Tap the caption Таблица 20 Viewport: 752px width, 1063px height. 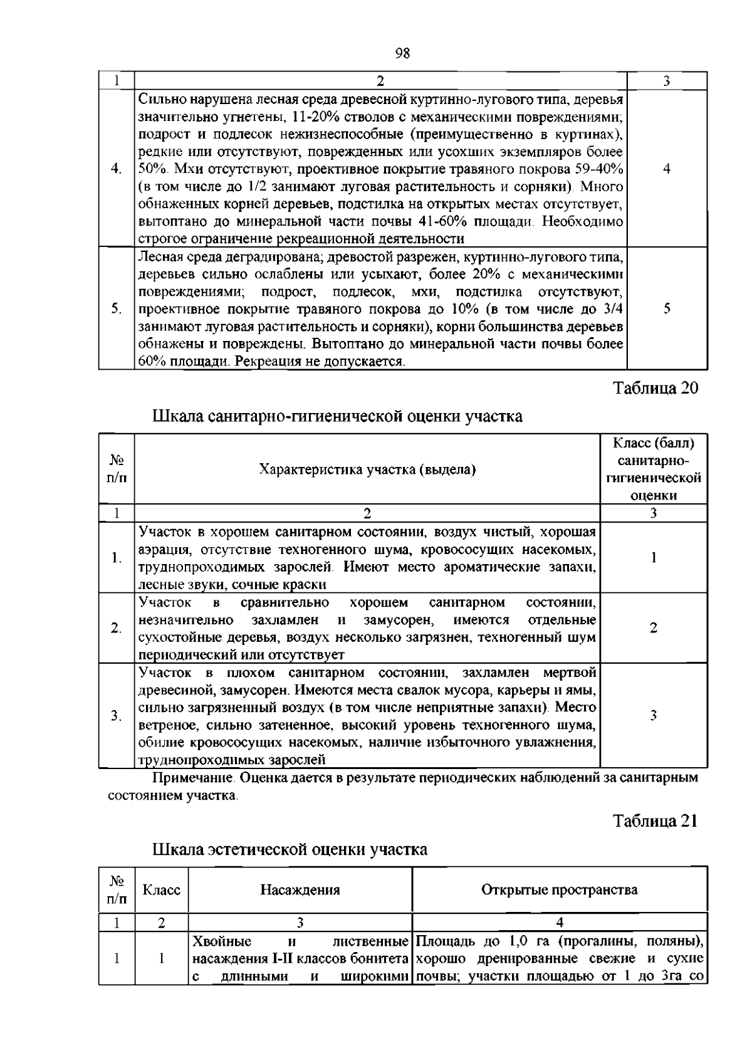pyautogui.click(x=655, y=388)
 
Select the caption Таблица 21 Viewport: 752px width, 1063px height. pyautogui.click(x=655, y=820)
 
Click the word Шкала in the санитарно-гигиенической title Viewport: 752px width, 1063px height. pyautogui.click(x=177, y=416)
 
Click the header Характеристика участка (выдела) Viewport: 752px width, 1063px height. pyautogui.click(x=367, y=469)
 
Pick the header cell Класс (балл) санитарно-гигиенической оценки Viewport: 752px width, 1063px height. pyautogui.click(x=654, y=469)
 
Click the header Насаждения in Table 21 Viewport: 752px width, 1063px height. pyautogui.click(x=300, y=890)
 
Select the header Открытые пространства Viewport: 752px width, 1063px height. pyautogui.click(x=559, y=890)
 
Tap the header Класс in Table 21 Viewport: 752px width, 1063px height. pyautogui.click(x=161, y=890)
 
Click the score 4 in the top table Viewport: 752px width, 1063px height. pyautogui.click(x=667, y=169)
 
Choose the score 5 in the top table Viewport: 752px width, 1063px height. pyautogui.click(x=667, y=308)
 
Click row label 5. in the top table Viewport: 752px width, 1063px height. pyautogui.click(x=116, y=308)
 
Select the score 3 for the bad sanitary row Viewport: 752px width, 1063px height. pyautogui.click(x=654, y=715)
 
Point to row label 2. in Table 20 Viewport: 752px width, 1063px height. pyautogui.click(x=116, y=628)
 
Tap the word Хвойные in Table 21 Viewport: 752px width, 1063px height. pyautogui.click(x=222, y=941)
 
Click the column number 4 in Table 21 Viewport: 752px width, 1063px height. pyautogui.click(x=559, y=922)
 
